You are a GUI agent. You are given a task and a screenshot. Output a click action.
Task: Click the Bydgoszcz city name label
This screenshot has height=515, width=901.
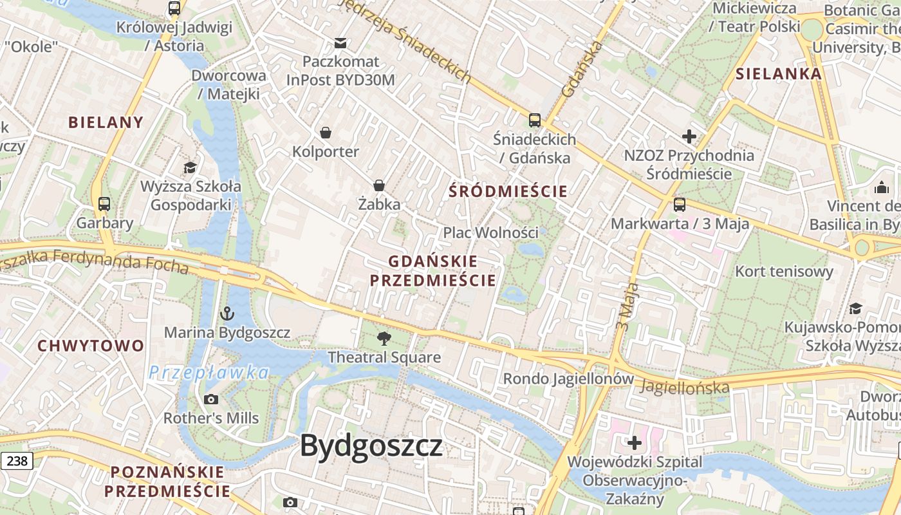point(371,446)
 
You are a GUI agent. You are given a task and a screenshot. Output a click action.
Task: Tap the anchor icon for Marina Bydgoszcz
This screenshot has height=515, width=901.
point(227,314)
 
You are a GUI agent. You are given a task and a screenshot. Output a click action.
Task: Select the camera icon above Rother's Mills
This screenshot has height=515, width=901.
point(210,399)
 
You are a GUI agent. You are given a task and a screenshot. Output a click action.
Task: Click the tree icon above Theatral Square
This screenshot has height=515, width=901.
point(384,337)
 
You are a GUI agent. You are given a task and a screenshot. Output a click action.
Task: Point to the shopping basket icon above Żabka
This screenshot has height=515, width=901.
point(379,185)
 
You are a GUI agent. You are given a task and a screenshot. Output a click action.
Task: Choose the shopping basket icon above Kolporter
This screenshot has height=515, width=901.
point(326,133)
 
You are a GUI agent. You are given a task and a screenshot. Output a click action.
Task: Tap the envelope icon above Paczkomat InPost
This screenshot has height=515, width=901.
point(340,43)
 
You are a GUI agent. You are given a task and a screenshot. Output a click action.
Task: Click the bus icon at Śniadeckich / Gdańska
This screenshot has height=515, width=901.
point(534,120)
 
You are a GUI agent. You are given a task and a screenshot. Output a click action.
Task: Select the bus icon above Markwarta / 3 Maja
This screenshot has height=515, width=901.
point(680,205)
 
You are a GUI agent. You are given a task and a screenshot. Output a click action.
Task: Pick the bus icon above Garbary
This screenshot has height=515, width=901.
point(104,204)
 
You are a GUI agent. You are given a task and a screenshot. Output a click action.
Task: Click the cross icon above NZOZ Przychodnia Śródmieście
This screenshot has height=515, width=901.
point(689,136)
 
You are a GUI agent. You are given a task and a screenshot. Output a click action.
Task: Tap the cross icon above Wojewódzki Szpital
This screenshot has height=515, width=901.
point(635,443)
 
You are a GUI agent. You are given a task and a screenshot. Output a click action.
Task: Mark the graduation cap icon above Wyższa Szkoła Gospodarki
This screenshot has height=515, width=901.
point(190,168)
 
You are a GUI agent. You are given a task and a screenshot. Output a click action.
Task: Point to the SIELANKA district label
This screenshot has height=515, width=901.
point(779,73)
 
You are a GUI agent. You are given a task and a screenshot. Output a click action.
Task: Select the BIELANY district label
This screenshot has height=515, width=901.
point(106,122)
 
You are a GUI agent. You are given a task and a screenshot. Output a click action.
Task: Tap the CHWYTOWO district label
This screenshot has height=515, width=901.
point(91,346)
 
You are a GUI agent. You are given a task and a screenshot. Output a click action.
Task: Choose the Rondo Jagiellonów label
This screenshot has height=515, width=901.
point(568,379)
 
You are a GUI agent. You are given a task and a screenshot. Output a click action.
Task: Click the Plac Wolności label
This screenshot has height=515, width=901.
point(490,232)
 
